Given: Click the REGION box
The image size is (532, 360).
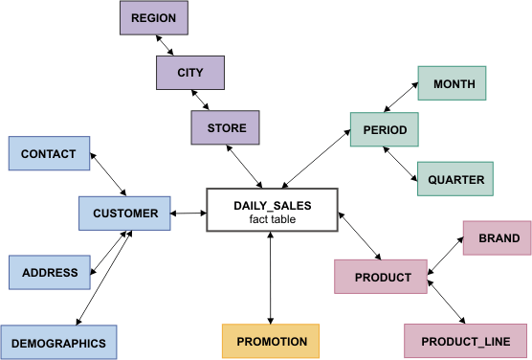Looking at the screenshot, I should click(153, 18).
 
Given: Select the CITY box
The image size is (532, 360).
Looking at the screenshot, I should click(190, 73).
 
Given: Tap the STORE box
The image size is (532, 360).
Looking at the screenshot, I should click(225, 128).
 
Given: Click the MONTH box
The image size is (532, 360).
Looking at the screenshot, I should click(453, 84).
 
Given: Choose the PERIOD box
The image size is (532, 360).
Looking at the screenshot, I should click(385, 129).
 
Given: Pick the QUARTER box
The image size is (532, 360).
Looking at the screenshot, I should click(455, 179).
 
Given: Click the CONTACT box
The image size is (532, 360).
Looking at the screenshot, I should click(48, 153).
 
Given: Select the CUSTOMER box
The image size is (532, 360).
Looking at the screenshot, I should click(125, 213).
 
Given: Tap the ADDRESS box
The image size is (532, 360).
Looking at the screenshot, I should click(50, 272).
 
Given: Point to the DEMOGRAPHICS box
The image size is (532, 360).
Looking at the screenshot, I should click(59, 342).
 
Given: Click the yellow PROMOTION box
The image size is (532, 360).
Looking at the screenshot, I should click(272, 342).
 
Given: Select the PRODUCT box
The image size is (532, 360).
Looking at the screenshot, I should click(382, 278).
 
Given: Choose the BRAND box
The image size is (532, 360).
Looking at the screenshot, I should click(499, 238).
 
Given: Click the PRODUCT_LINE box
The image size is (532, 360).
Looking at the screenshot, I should click(465, 342).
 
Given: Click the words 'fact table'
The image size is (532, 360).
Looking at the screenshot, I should click(273, 219).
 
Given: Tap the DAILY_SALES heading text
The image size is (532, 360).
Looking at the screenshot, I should click(273, 205).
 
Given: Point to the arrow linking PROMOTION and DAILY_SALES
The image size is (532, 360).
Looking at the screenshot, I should click(272, 278).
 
